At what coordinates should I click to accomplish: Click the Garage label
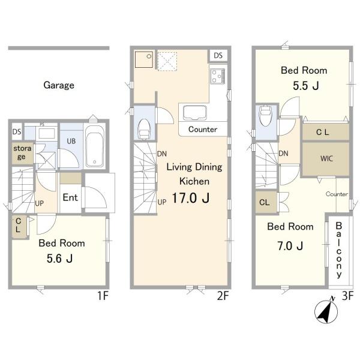click(59, 85)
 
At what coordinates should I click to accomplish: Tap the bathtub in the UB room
click(94, 147)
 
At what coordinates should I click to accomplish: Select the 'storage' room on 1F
click(22, 153)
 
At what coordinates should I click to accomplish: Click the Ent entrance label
click(70, 197)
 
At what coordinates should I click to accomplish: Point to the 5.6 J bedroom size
click(59, 259)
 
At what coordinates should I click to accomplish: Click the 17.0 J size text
click(191, 198)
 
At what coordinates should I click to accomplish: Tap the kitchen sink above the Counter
click(194, 113)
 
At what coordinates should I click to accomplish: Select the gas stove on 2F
click(217, 76)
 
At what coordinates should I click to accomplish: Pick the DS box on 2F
click(218, 56)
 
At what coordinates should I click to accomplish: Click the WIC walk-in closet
click(326, 158)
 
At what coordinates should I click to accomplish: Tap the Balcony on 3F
click(339, 250)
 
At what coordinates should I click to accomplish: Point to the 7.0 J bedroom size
click(290, 246)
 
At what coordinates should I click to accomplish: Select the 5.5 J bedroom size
click(306, 86)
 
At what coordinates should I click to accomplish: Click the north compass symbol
click(326, 311)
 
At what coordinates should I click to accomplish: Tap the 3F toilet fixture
click(265, 115)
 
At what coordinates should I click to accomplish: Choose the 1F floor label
click(103, 295)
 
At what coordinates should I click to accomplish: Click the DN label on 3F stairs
click(283, 154)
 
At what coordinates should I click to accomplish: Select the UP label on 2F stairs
click(162, 202)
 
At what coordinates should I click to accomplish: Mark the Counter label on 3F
click(337, 194)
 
